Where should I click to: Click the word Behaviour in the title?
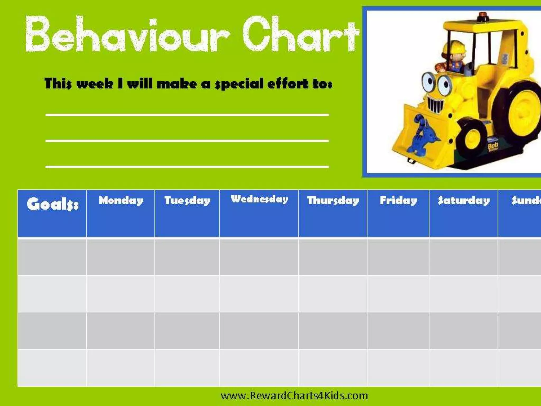coord(127,34)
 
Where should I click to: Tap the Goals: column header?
coord(52,204)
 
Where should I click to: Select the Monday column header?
coord(121,200)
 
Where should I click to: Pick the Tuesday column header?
coord(187,200)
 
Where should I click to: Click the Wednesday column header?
coord(259,199)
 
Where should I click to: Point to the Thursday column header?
coord(333,200)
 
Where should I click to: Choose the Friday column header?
coord(398,200)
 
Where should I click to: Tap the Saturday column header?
coord(464,200)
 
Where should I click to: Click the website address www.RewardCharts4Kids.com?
coord(294,395)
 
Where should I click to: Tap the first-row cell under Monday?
coord(121,256)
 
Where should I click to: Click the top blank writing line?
coord(187,115)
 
